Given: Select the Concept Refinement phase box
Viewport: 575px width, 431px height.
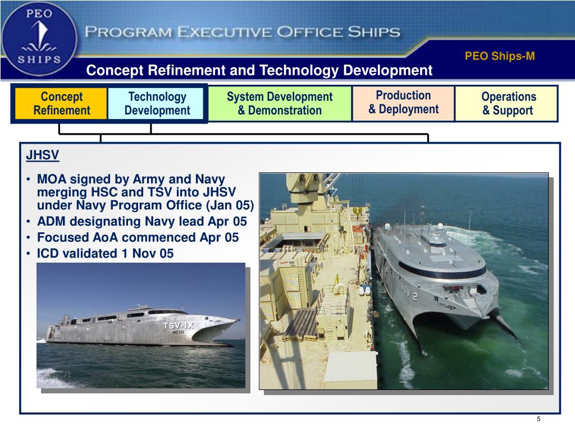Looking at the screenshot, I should tap(61, 103).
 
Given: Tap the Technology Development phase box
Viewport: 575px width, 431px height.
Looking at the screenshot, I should tap(157, 103).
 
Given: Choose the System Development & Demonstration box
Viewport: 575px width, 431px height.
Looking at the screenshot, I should tap(280, 103).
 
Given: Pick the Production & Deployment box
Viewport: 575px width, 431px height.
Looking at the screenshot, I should tap(403, 102).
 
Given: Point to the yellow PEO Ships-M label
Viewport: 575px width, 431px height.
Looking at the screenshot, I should tap(500, 56).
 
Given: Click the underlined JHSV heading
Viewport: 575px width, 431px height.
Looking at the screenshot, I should tap(43, 154).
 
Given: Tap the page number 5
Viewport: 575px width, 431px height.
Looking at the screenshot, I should tap(538, 420).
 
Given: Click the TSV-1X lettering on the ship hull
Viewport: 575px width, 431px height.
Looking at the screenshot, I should tap(179, 325).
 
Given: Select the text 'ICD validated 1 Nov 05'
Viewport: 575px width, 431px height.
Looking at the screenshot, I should tap(105, 254).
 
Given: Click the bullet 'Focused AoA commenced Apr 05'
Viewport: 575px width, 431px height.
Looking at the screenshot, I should tap(138, 237).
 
